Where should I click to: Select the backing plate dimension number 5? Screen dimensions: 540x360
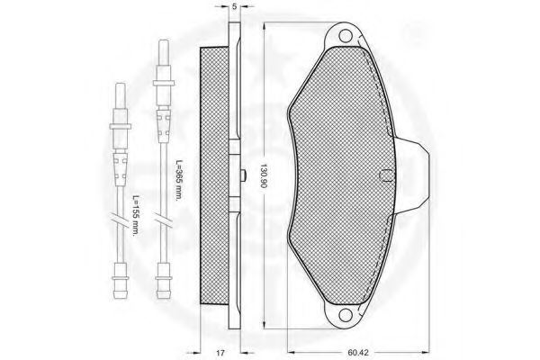coord(235,6)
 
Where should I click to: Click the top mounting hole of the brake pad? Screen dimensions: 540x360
coord(345,35)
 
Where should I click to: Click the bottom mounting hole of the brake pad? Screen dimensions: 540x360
coord(345,314)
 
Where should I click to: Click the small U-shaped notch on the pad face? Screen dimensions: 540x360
coord(385,175)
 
